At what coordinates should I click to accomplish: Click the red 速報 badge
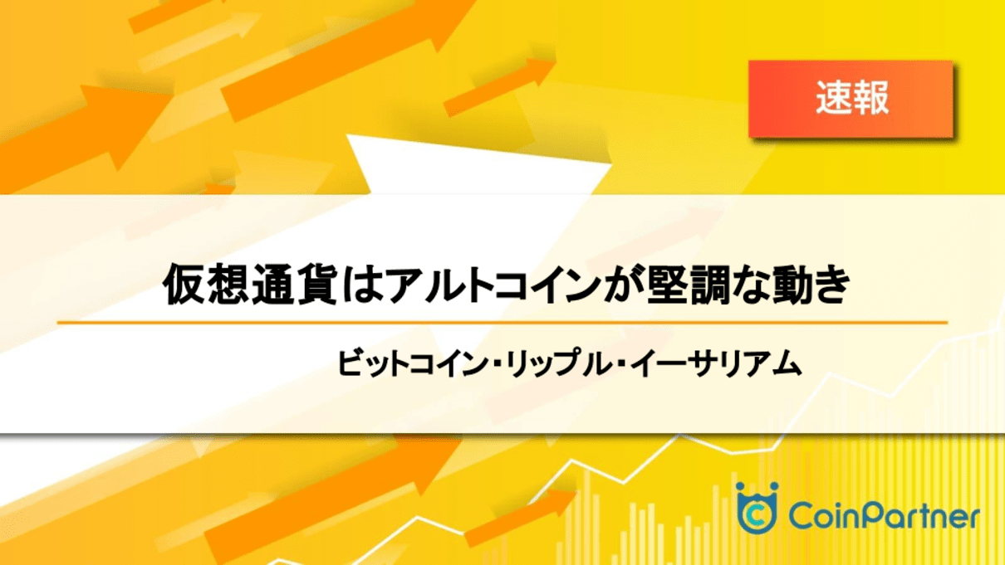tap(851, 99)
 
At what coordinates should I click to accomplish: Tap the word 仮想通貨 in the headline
tap(250, 285)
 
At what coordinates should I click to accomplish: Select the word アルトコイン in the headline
tap(493, 285)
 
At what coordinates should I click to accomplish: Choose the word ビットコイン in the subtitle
tap(412, 363)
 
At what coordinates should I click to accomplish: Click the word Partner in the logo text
tap(919, 515)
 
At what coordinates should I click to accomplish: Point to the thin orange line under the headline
tap(502, 322)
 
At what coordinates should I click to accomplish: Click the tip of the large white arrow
tap(611, 164)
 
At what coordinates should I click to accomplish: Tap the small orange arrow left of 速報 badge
tap(500, 86)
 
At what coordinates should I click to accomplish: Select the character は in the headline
tap(362, 285)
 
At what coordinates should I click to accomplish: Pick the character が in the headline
tap(621, 285)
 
